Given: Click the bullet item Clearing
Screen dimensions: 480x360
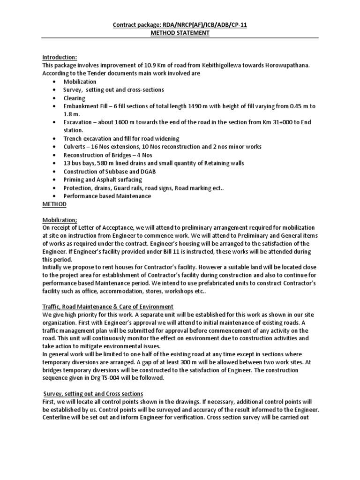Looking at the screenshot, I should (x=75, y=98).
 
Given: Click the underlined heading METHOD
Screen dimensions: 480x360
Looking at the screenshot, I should (x=55, y=204).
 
